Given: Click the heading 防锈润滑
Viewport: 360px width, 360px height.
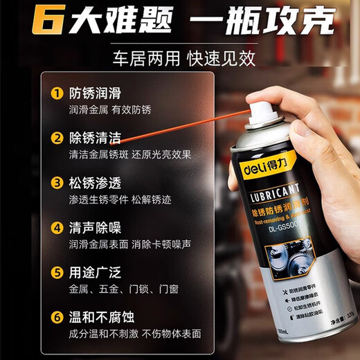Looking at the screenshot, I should pos(95,93).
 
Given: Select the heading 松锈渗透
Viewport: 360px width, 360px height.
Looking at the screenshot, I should pos(95,183).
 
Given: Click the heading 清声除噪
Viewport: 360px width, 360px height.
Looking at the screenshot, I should pos(95,227).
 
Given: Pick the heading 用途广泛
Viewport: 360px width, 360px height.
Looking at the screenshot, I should pos(95,272).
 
